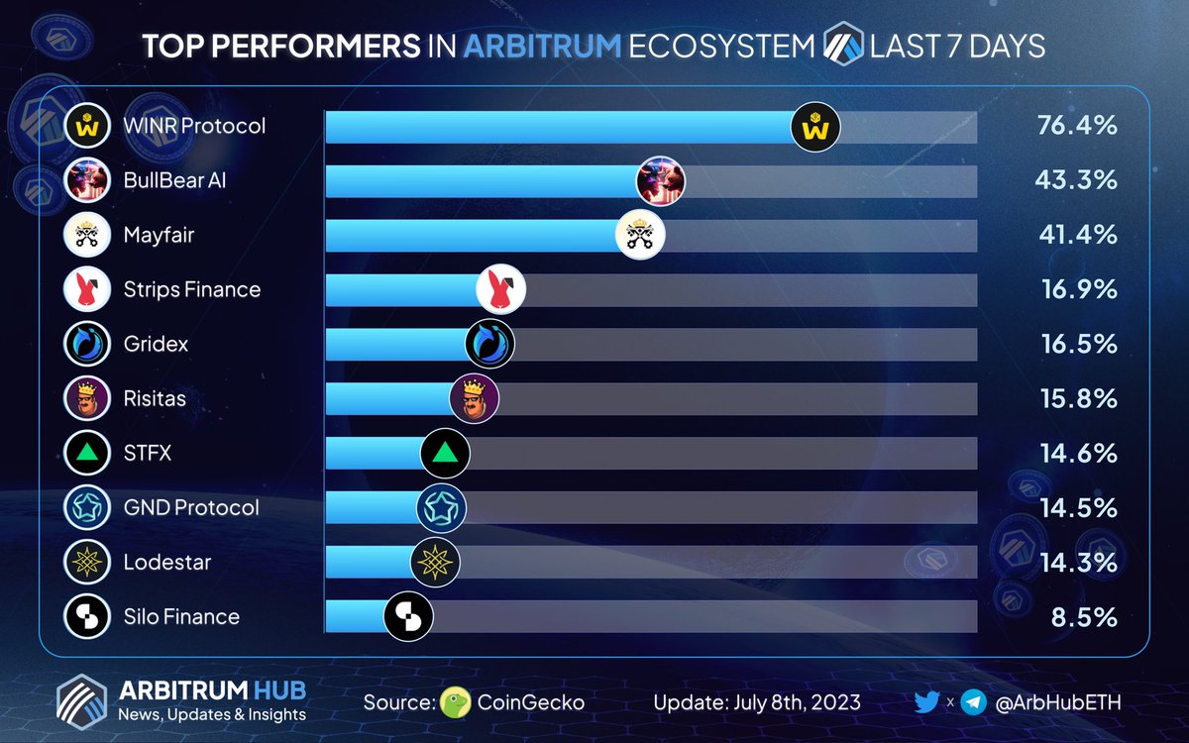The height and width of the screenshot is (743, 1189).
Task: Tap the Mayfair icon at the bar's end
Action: [640, 236]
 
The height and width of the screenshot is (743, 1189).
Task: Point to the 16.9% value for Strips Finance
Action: [1078, 290]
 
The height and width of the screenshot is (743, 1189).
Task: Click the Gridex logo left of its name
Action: [86, 345]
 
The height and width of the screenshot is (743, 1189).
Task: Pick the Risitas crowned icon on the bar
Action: [474, 398]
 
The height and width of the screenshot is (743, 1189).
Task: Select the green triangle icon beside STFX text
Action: [86, 454]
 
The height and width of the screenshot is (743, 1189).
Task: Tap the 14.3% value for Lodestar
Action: [1078, 563]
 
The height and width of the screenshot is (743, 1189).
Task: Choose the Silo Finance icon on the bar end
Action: [408, 616]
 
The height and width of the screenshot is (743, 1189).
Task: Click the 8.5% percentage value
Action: [1084, 617]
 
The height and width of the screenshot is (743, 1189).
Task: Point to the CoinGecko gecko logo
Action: [455, 702]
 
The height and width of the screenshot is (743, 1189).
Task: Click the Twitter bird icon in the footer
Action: [926, 702]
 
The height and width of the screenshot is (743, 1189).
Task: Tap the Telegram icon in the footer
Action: [974, 702]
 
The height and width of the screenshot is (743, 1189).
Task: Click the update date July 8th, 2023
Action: [757, 702]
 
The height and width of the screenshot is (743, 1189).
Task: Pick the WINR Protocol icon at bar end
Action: [815, 127]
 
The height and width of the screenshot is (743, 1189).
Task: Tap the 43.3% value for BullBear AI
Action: [1078, 181]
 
